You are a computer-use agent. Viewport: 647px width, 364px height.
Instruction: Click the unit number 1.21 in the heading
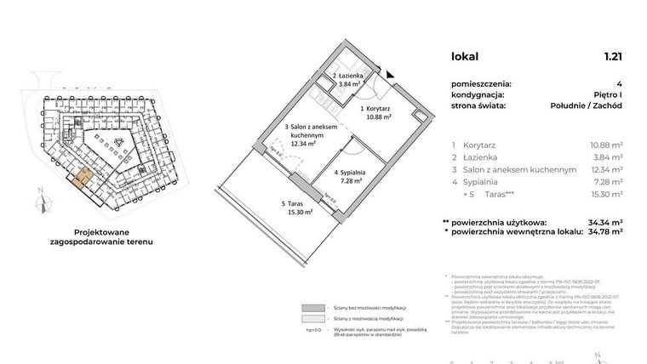click(x=613, y=57)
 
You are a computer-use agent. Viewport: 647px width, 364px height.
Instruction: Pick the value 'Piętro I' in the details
click(x=605, y=95)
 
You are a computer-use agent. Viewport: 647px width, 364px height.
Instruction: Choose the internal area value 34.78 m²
click(x=604, y=230)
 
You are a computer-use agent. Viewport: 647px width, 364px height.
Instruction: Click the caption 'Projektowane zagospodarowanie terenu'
click(x=107, y=236)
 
